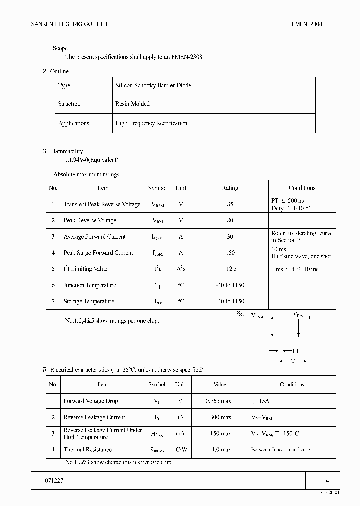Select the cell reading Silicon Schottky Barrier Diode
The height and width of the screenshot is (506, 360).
153,85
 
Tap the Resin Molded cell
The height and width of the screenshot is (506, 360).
132,104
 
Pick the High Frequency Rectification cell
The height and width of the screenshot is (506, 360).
151,123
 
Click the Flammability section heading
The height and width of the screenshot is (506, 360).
66,151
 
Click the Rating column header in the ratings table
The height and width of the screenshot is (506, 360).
230,188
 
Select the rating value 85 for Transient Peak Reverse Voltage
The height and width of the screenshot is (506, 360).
230,204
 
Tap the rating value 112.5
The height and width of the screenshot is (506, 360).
230,269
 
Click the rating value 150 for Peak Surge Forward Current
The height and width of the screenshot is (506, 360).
230,253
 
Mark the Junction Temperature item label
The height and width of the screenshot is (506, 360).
89,285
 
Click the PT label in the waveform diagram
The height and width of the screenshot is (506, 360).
295,351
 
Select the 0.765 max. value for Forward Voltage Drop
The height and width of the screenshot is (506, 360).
219,401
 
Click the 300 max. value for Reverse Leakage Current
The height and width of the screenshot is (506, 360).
219,417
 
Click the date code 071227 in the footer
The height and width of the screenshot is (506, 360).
55,480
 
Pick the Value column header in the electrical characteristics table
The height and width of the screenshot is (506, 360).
219,385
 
